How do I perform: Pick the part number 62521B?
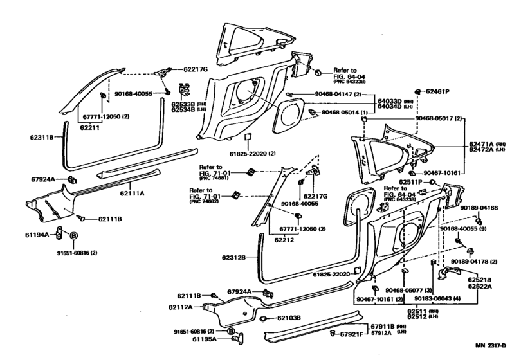479,280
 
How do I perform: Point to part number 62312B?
235,258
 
